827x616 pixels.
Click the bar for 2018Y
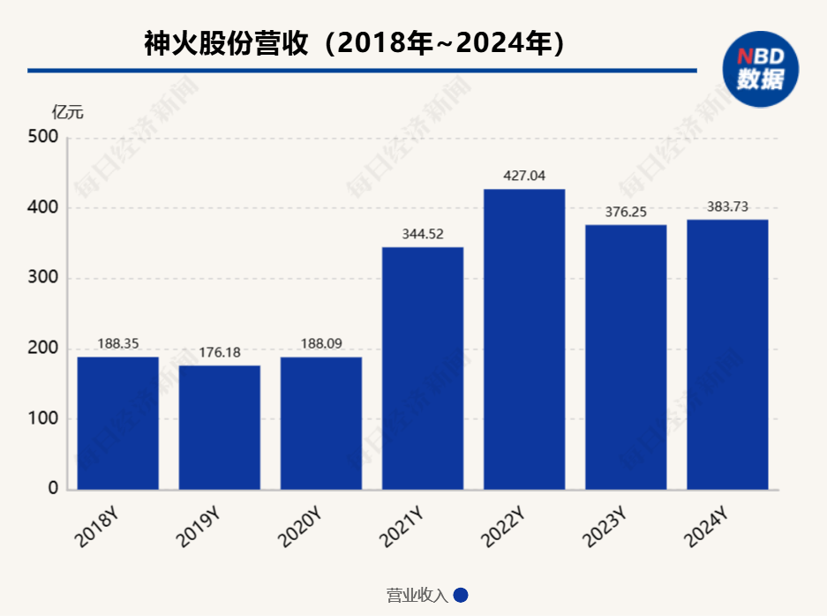(x=117, y=423)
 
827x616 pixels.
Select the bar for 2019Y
(x=219, y=427)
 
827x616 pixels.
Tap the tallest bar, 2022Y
(x=524, y=339)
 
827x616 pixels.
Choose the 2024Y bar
(x=727, y=354)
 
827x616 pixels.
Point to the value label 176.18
(x=219, y=352)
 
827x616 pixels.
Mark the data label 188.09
(x=321, y=343)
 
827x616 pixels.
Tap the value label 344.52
(x=423, y=234)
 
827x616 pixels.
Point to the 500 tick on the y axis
(x=43, y=138)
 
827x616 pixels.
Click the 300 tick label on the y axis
(x=43, y=278)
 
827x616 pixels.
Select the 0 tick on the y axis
(x=52, y=488)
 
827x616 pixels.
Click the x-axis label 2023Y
(x=605, y=526)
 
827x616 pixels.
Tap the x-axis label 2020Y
(x=300, y=526)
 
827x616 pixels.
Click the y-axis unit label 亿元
(x=68, y=112)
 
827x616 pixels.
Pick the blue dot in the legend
(x=461, y=595)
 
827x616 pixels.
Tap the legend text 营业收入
(x=417, y=596)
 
